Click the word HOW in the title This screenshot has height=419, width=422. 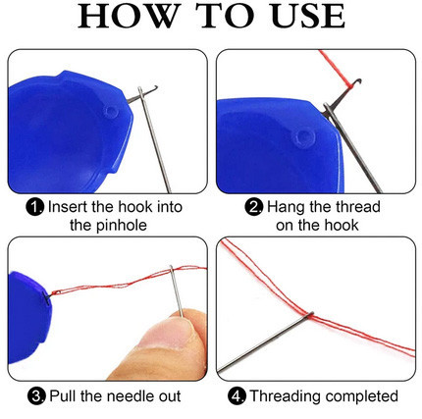point(130,16)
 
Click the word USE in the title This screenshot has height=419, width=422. point(308,16)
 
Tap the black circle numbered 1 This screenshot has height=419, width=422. point(34,207)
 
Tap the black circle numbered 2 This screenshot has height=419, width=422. point(253,207)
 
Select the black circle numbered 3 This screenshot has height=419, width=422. point(36,396)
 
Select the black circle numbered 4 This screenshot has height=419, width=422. point(237,396)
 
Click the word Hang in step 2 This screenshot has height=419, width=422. point(286,207)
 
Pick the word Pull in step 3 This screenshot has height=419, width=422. point(63,395)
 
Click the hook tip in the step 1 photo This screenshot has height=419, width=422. point(155,88)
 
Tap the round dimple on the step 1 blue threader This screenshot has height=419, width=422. point(111,112)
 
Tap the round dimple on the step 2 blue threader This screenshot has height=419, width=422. point(304,138)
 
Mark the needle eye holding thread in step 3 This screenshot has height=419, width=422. point(172,270)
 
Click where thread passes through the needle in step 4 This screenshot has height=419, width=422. point(309,315)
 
